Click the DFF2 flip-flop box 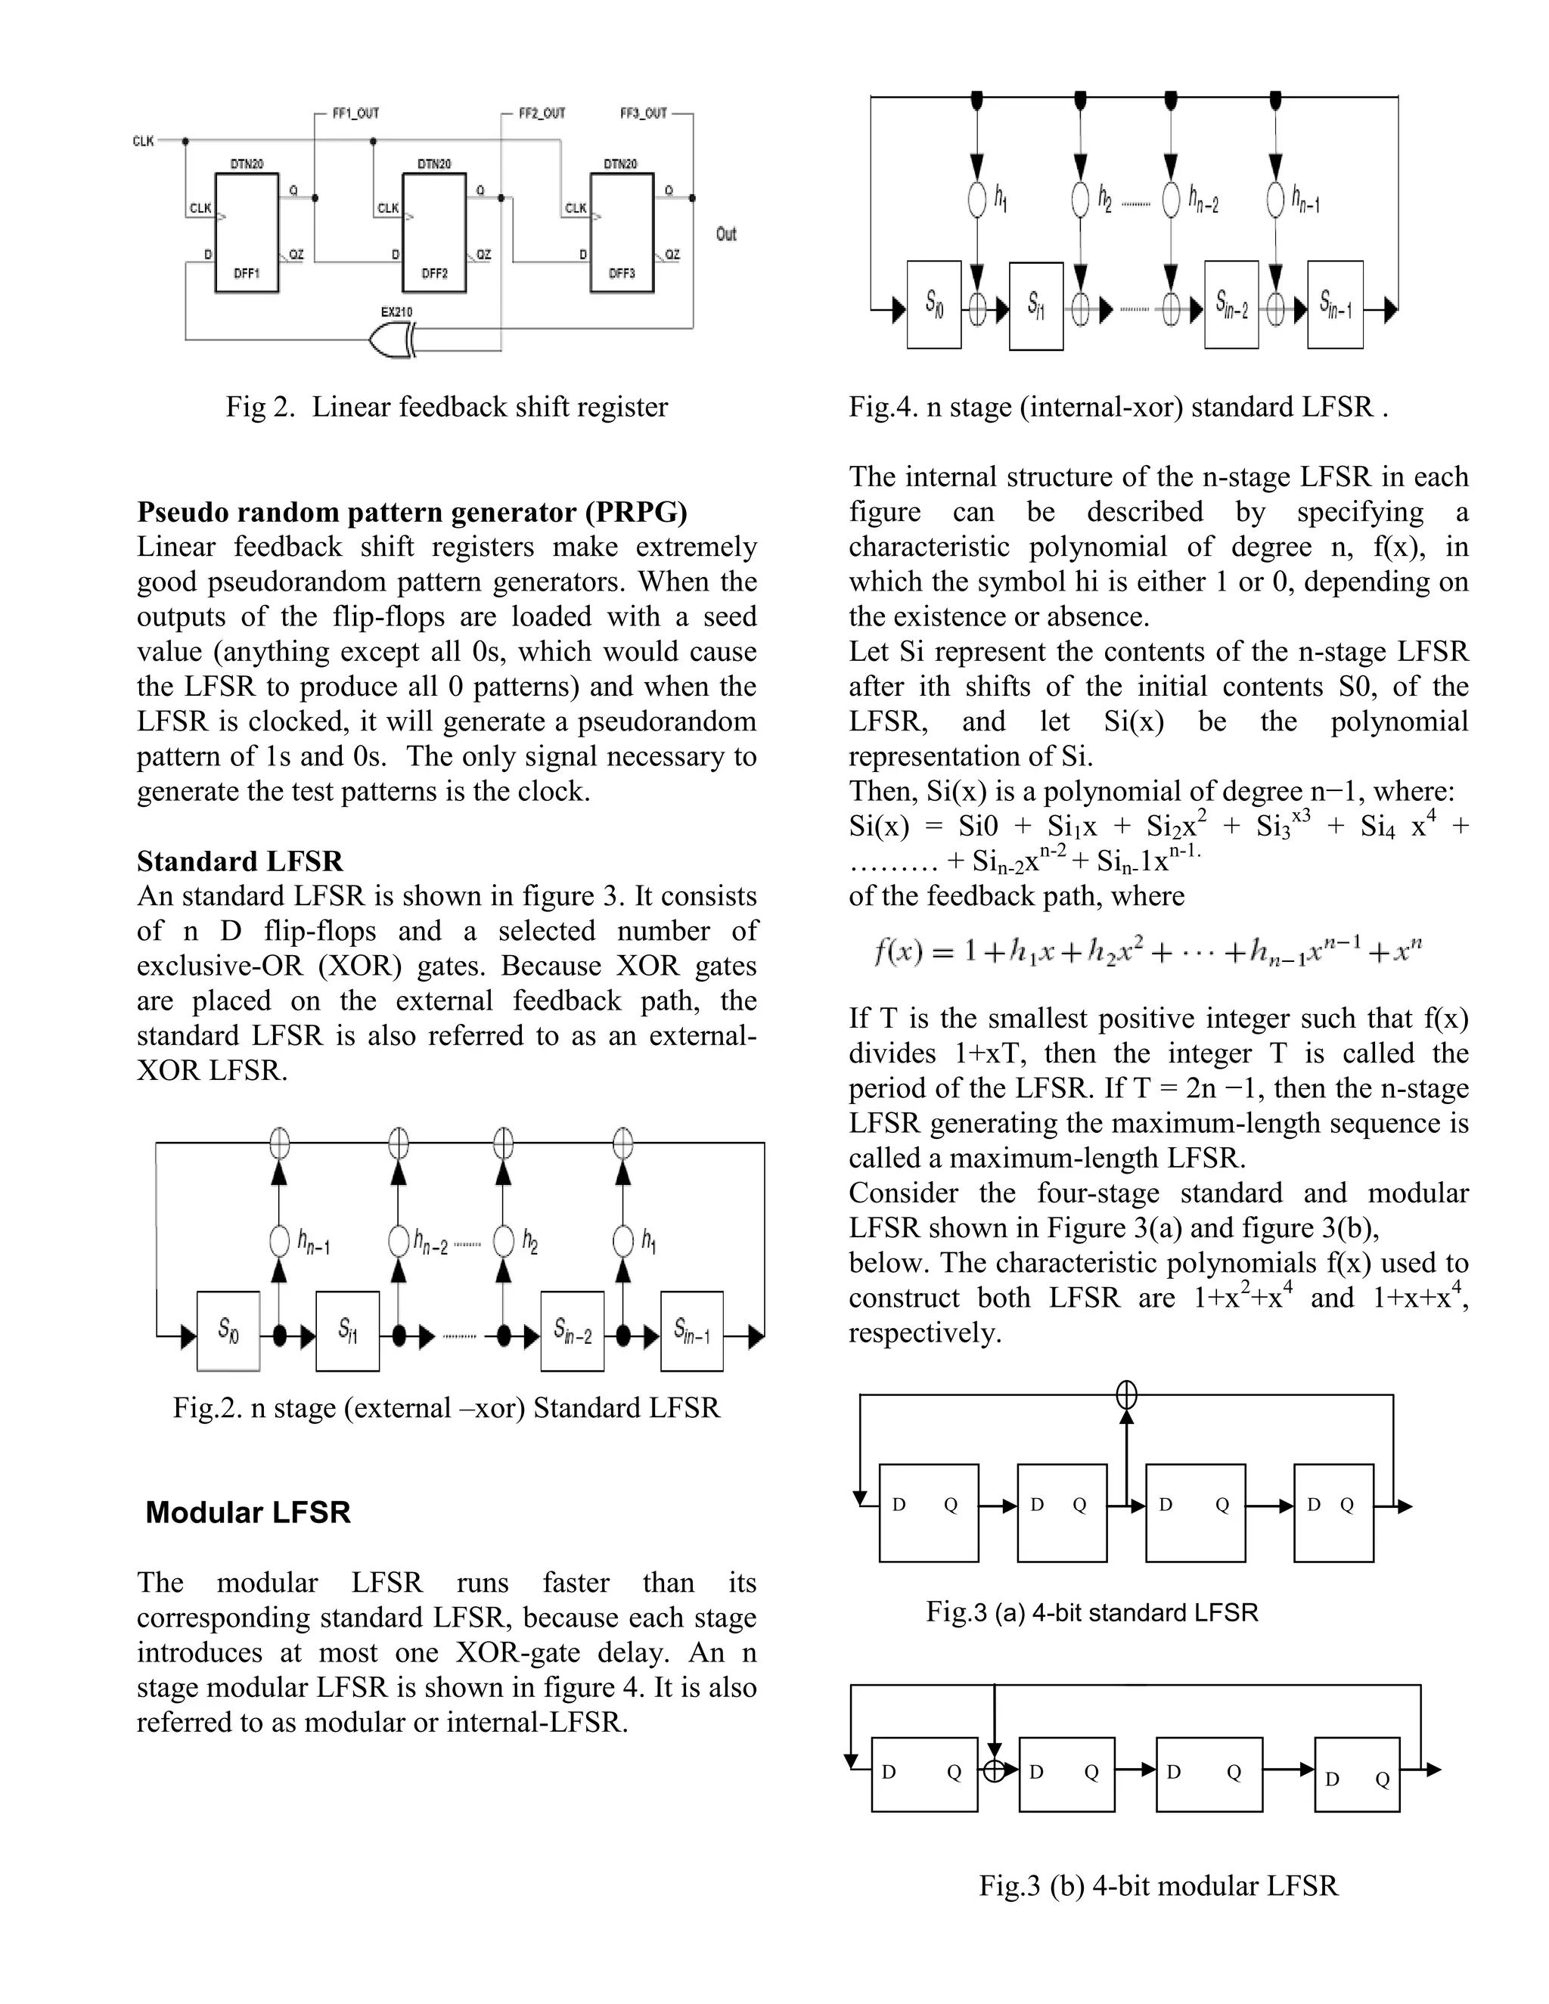(434, 233)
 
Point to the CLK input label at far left (143, 141)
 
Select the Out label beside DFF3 (726, 234)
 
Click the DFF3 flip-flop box (621, 233)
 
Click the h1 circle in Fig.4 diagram (978, 198)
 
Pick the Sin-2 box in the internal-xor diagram (1231, 305)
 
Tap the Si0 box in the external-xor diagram (228, 1330)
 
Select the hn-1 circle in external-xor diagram (280, 1242)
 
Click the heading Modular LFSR (248, 1512)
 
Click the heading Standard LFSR (240, 861)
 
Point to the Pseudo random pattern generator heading (412, 511)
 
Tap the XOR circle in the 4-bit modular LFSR (995, 1771)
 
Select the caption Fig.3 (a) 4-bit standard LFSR (1091, 1612)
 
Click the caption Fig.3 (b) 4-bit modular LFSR (1158, 1885)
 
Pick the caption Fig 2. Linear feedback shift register (447, 407)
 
